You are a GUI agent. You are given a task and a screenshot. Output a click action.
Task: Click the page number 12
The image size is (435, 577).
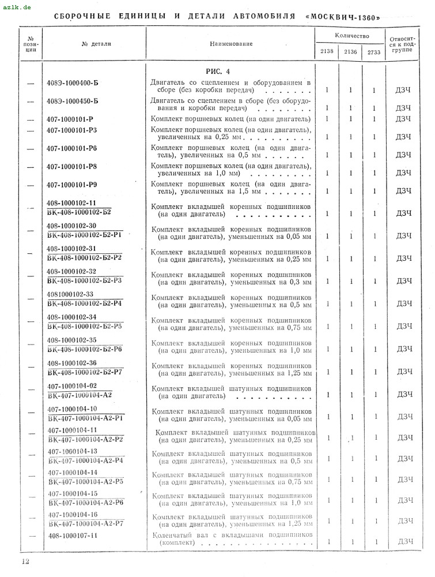click(25, 561)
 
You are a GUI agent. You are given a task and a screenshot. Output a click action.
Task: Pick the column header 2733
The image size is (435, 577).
click(374, 52)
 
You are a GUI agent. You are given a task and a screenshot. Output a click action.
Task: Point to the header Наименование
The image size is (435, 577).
click(230, 43)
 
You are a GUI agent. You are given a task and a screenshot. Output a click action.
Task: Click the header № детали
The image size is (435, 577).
click(96, 43)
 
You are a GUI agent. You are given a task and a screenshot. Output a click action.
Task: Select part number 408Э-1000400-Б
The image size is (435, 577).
click(73, 84)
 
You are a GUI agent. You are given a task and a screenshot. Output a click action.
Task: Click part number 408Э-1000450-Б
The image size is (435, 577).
click(73, 102)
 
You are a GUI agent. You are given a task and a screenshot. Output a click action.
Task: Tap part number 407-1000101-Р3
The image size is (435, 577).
click(72, 130)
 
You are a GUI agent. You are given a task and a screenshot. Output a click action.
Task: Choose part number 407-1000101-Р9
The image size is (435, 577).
click(72, 185)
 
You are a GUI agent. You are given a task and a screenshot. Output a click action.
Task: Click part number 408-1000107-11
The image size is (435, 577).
click(73, 535)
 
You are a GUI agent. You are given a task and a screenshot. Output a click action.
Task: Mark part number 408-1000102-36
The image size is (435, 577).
click(72, 363)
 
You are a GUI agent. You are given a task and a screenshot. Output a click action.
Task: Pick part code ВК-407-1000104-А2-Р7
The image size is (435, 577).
click(86, 523)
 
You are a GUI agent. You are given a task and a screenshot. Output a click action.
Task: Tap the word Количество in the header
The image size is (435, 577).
click(351, 36)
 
